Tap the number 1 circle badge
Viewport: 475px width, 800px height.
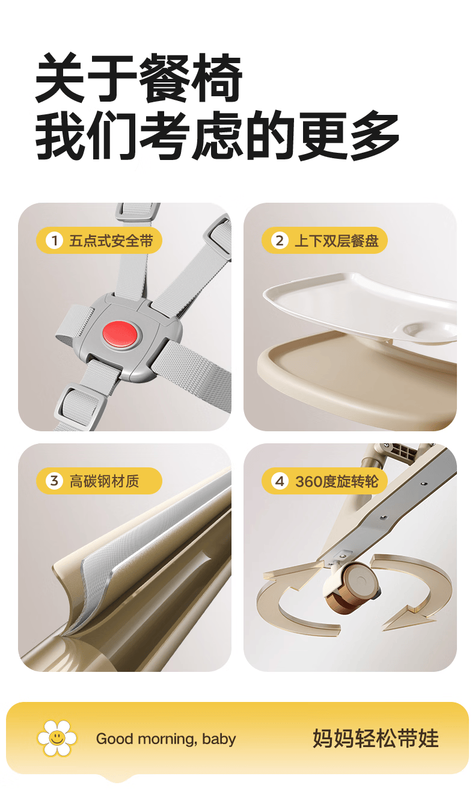click(54, 241)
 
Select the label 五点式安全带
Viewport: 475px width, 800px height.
click(111, 241)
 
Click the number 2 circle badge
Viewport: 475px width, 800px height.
click(279, 241)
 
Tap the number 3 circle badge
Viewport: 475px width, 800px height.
click(54, 481)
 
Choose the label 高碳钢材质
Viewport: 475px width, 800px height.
click(104, 481)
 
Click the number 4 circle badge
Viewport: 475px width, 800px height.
click(279, 481)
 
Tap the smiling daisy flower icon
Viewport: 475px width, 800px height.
click(57, 738)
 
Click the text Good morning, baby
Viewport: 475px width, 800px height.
click(166, 739)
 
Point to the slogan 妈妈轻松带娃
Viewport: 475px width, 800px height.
click(375, 738)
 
